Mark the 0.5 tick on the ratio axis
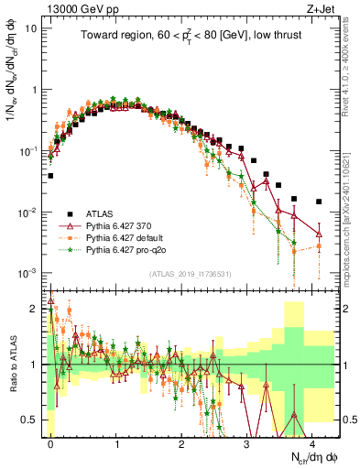[32, 420]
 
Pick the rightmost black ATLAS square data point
[319, 202]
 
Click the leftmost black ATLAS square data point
[51, 175]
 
